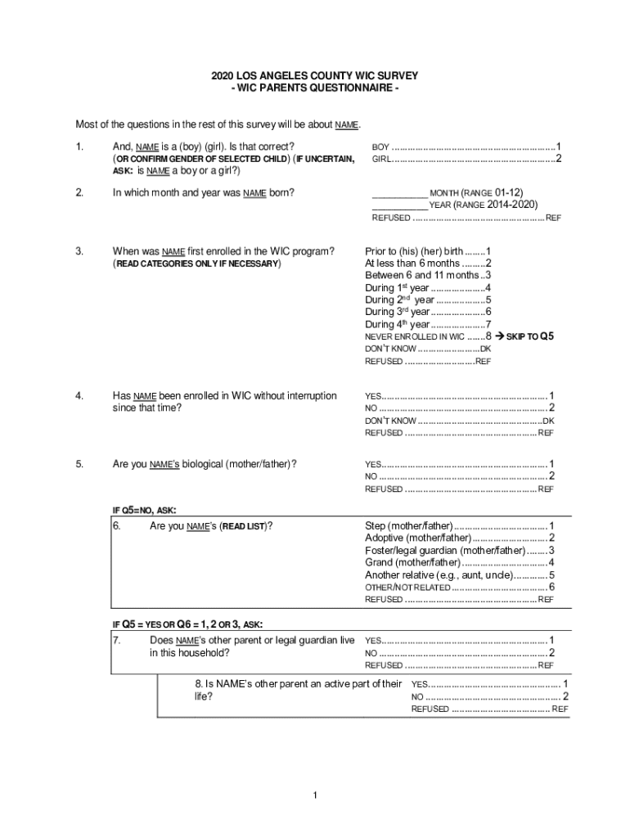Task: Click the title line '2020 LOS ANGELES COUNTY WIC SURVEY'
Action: (315, 75)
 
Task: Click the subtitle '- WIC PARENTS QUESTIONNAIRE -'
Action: (315, 88)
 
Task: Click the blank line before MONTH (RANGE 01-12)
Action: (399, 193)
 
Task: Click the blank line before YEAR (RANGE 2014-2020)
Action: (399, 205)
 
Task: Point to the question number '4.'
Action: (79, 396)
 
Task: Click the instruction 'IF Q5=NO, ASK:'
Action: (143, 510)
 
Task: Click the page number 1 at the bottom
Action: (315, 795)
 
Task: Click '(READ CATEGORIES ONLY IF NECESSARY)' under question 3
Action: (196, 264)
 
